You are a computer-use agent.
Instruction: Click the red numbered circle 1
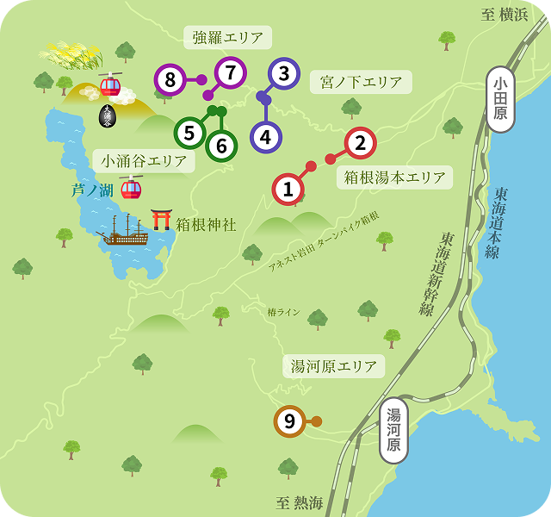(x=288, y=189)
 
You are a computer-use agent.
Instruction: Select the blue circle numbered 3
(x=284, y=75)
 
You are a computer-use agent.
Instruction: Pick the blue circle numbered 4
(x=265, y=136)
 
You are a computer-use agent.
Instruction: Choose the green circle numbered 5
(x=189, y=134)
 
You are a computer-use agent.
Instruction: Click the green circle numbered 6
(x=221, y=146)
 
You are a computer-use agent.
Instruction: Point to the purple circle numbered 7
(x=230, y=74)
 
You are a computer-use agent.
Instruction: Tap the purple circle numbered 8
(x=170, y=81)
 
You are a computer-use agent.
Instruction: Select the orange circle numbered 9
(x=289, y=421)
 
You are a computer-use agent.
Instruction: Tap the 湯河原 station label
(x=393, y=429)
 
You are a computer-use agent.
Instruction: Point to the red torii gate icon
(x=161, y=219)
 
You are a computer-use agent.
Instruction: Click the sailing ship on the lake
(x=122, y=230)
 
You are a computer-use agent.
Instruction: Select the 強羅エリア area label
(x=227, y=37)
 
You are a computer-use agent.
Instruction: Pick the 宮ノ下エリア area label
(x=361, y=83)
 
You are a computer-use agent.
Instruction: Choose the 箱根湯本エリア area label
(x=394, y=178)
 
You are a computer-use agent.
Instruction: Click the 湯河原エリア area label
(x=334, y=366)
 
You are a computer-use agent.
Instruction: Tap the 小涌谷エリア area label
(x=144, y=160)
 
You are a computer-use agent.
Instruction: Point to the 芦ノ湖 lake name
(x=92, y=190)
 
